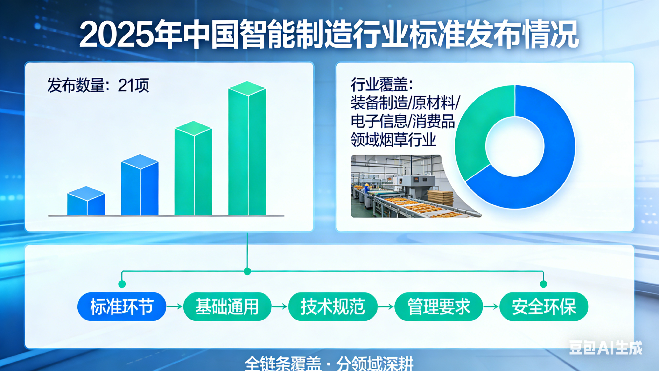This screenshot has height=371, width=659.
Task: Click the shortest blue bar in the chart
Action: pyautogui.click(x=86, y=201)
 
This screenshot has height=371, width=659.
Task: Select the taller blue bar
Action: pyautogui.click(x=140, y=185)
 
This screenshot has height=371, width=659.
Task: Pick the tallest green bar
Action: pyautogui.click(x=247, y=148)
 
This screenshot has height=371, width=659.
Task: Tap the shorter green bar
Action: pyautogui.click(x=193, y=168)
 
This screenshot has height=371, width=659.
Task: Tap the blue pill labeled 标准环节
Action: pyautogui.click(x=122, y=307)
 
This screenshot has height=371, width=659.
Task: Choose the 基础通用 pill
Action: pyautogui.click(x=227, y=307)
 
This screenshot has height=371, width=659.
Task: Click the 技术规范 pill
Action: pyautogui.click(x=333, y=307)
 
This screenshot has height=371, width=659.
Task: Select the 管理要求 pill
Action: pyautogui.click(x=439, y=307)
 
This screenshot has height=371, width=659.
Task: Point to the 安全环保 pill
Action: pyautogui.click(x=544, y=307)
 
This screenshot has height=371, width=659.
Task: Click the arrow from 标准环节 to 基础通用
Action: pyautogui.click(x=175, y=306)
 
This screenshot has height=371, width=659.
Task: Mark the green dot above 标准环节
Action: pyautogui.click(x=122, y=284)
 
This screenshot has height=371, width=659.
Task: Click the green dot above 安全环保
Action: pyautogui.click(x=543, y=284)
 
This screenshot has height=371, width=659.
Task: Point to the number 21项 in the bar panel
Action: pyautogui.click(x=133, y=85)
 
